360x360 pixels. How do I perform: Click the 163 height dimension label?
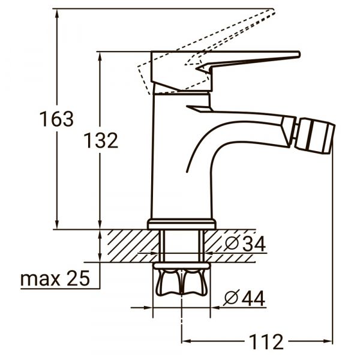click(x=57, y=119)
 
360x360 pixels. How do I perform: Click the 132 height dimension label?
click(x=100, y=140)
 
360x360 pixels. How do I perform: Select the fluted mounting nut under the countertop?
click(x=181, y=281)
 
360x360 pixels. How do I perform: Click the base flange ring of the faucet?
click(x=181, y=224)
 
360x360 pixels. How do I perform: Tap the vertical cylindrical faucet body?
click(x=171, y=156)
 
